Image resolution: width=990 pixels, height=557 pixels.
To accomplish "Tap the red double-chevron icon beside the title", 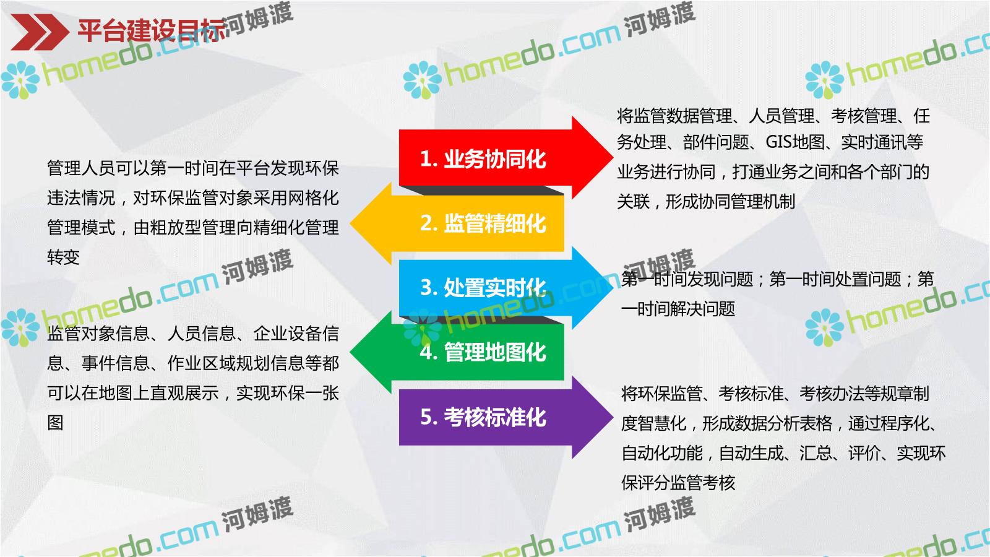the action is [40, 32].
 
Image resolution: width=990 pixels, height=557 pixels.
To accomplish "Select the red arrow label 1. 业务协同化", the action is [483, 159].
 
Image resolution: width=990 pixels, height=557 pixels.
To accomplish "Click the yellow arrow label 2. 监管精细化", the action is [483, 223].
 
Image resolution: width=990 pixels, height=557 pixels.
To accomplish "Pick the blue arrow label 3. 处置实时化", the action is [483, 288].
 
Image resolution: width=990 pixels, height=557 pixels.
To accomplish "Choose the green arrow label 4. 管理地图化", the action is [483, 352].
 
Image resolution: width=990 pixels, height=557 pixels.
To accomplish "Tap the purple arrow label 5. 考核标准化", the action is [483, 417].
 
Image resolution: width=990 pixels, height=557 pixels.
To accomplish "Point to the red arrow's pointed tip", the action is [613, 157].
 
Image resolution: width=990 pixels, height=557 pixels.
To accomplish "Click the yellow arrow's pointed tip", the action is [350, 223].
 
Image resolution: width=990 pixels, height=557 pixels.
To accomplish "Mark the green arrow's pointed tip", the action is [350, 352].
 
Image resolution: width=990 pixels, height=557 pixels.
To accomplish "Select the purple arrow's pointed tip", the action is [613, 417].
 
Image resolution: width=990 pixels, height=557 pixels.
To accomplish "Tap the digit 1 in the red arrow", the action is [425, 160].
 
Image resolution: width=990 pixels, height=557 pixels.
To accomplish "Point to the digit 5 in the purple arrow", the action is [426, 417].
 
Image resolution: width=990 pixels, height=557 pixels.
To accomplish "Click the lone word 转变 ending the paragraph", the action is [63, 257].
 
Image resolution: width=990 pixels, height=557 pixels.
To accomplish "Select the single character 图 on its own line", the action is [55, 423].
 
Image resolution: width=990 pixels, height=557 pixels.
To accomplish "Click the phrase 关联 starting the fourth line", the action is [634, 202].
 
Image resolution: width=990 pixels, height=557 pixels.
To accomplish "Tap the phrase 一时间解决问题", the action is [678, 309].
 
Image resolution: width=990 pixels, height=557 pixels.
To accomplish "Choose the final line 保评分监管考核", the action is [678, 483].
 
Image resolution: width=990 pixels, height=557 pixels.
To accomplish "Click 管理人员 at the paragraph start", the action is [80, 168].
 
